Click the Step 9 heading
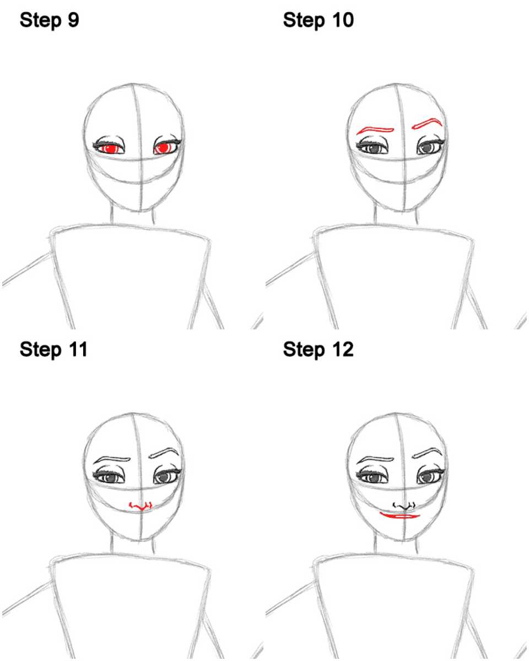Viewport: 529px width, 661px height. coord(49,21)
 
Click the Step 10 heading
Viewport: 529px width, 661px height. coord(318,21)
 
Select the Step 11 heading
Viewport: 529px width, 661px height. coord(53,350)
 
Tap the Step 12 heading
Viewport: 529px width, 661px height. coord(318,350)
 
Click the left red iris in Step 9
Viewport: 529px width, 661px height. coord(110,149)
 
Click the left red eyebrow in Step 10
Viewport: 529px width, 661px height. coord(375,131)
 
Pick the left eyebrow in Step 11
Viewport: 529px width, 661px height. coord(111,460)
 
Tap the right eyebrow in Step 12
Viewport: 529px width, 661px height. coord(427,452)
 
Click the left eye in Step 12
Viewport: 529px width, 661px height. coord(373,476)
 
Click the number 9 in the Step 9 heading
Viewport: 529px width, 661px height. coord(73,20)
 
